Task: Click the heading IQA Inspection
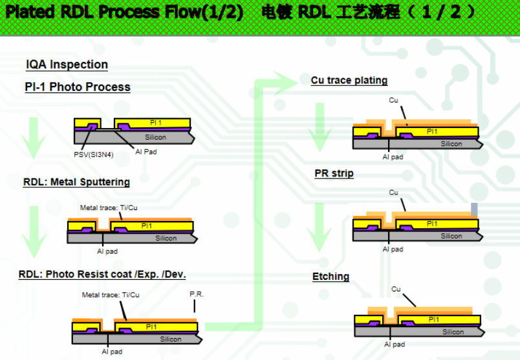pyautogui.click(x=67, y=65)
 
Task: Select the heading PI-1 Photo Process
pyautogui.click(x=78, y=87)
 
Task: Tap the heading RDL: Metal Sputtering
pyautogui.click(x=76, y=182)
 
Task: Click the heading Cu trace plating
pyautogui.click(x=349, y=81)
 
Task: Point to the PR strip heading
pyautogui.click(x=334, y=173)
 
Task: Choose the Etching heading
pyautogui.click(x=330, y=277)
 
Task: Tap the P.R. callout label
pyautogui.click(x=197, y=294)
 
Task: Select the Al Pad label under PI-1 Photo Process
pyautogui.click(x=146, y=152)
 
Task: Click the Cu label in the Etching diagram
pyautogui.click(x=396, y=289)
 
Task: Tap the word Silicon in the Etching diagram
pyautogui.click(x=453, y=332)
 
